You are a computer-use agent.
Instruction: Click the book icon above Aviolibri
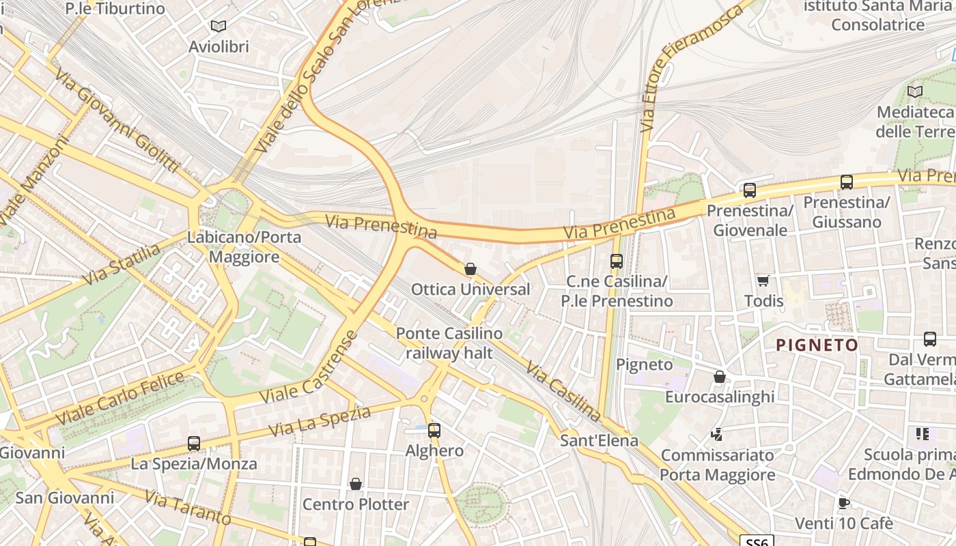(218, 26)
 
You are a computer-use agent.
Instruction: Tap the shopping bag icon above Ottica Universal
(470, 269)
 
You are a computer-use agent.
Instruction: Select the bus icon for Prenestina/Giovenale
(750, 190)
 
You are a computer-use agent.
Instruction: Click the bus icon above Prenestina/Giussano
(847, 182)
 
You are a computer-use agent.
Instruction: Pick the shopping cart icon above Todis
(763, 281)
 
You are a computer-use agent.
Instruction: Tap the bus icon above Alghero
(434, 431)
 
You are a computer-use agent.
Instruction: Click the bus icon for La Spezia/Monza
(194, 444)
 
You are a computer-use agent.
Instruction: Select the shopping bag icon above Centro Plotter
(356, 484)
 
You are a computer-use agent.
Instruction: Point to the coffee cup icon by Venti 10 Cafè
(844, 503)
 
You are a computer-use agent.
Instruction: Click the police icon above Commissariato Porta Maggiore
(717, 434)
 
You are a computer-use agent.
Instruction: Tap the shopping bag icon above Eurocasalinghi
(719, 377)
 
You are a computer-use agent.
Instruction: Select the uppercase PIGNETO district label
(817, 345)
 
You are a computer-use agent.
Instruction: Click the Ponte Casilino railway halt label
(449, 343)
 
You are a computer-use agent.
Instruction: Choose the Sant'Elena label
(599, 440)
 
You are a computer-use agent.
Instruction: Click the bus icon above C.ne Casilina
(617, 261)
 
